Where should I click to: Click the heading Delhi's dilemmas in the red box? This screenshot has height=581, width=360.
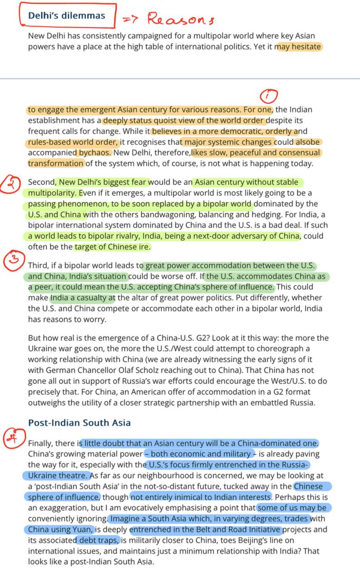coord(66,15)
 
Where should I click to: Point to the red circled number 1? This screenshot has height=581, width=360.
coord(269,96)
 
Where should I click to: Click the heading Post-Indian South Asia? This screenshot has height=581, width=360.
coord(79,423)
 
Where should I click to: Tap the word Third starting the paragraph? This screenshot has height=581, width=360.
coord(38,266)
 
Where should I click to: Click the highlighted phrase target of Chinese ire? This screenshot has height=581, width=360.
coord(112,247)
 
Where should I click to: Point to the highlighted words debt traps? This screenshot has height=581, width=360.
coord(98,540)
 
